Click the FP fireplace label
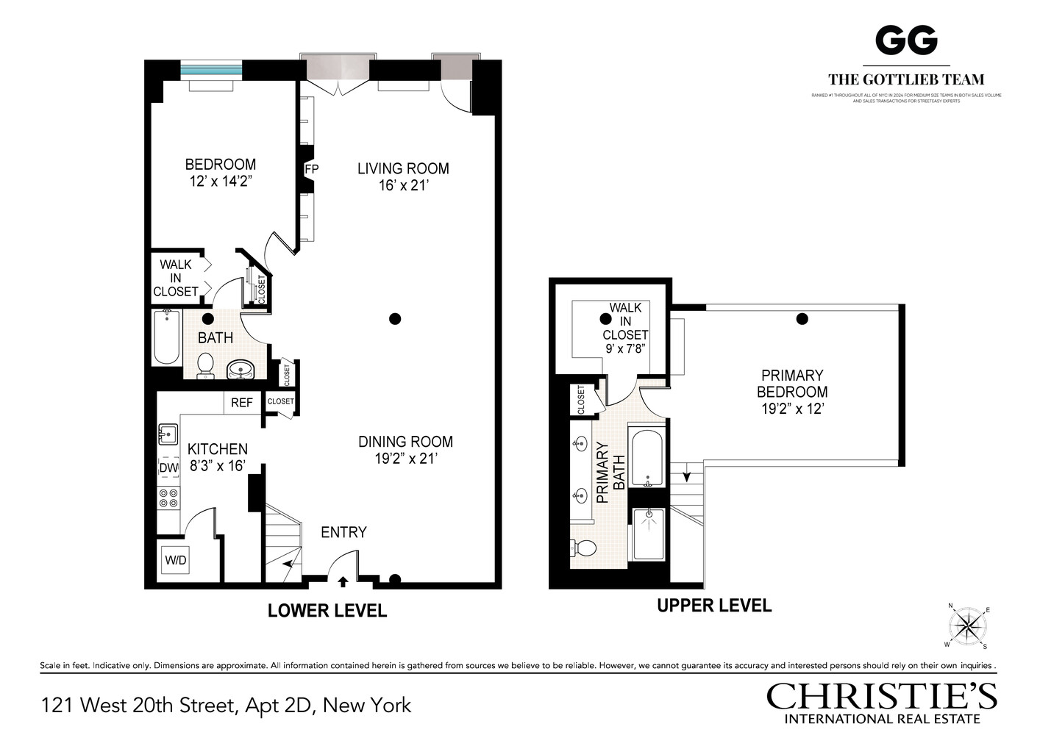tap(312, 170)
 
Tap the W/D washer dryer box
tap(176, 561)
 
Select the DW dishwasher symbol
tap(168, 467)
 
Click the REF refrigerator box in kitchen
tap(242, 402)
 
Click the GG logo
tap(905, 40)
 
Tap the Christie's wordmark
tap(881, 696)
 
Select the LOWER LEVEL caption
tap(327, 611)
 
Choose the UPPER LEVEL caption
tap(713, 606)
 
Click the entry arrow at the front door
tap(343, 582)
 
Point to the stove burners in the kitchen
tap(168, 498)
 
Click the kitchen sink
tap(168, 434)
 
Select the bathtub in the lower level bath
tap(167, 337)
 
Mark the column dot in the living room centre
tap(395, 319)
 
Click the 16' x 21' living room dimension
tap(403, 186)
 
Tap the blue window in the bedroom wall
tap(211, 71)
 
